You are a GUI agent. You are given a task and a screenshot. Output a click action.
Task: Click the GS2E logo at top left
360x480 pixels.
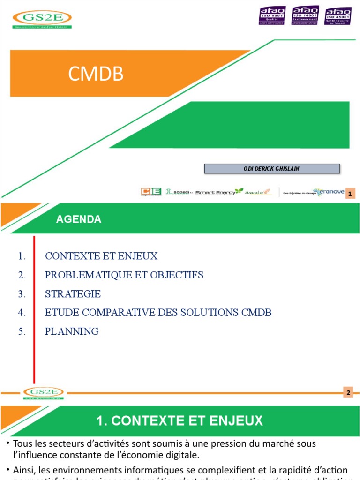tap(42, 19)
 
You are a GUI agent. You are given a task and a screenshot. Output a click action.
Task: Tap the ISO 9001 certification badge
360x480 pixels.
tap(272, 15)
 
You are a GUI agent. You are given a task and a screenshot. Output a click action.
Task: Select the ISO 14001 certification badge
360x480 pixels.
tap(305, 15)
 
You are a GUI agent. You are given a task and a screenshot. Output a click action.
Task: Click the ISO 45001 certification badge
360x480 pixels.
tap(337, 16)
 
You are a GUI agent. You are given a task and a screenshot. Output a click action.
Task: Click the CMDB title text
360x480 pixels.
tap(96, 74)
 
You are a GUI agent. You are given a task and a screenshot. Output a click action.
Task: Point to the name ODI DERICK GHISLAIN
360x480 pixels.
tap(272, 169)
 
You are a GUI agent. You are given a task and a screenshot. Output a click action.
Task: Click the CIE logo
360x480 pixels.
tap(151, 192)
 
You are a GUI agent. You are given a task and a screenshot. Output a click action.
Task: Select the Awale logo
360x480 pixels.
tap(258, 192)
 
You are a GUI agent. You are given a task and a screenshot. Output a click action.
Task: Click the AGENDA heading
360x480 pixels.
tap(79, 219)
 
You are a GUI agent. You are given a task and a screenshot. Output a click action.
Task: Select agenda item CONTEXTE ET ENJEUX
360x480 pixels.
tap(101, 256)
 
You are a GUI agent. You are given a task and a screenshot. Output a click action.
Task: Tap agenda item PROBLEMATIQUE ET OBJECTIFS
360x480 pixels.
tap(124, 275)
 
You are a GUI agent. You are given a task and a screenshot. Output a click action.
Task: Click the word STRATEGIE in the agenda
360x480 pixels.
tap(73, 294)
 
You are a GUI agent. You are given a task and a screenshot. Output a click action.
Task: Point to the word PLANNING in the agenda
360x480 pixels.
tap(72, 331)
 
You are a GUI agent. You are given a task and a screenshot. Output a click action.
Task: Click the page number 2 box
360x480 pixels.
tap(348, 392)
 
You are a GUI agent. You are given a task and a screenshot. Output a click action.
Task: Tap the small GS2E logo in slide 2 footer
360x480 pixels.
tap(44, 393)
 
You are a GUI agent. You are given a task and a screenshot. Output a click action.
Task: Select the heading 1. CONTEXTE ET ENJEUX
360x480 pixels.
tap(180, 420)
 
